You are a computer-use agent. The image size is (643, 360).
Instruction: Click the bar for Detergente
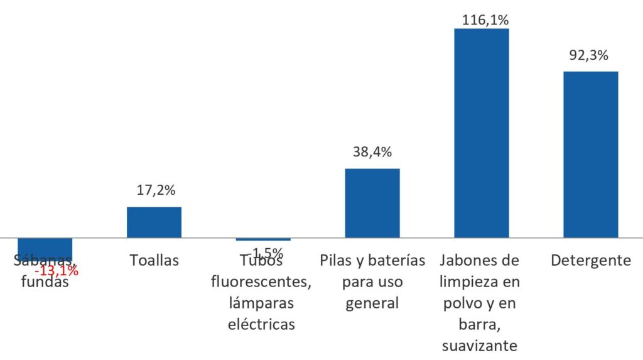590,154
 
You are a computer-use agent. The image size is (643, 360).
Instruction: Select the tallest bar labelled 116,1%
481,133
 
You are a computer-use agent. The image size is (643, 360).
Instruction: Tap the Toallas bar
154,222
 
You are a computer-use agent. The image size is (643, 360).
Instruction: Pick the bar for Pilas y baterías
372,203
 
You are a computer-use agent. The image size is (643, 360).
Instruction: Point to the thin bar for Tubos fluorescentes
263,239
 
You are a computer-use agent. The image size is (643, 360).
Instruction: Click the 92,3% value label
588,55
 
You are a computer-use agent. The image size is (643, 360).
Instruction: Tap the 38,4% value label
371,151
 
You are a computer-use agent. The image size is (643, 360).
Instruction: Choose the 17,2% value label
154,189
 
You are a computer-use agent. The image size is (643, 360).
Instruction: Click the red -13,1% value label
57,271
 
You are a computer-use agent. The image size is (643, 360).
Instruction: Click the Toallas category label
154,260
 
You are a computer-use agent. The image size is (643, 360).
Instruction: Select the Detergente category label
590,260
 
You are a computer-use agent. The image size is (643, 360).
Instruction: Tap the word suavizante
480,346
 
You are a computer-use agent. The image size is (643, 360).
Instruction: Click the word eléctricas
262,324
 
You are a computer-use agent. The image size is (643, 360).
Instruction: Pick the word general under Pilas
372,303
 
